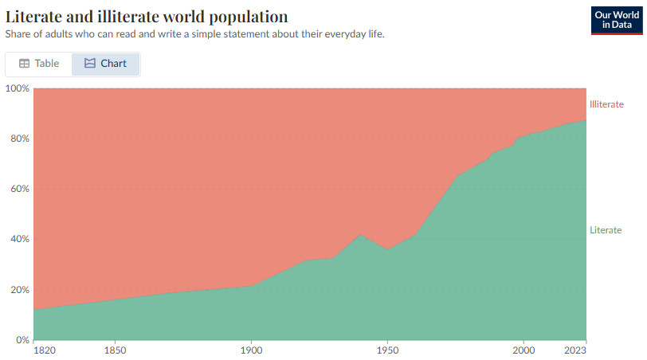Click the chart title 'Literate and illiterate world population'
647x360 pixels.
[147, 17]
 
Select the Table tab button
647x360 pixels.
[39, 64]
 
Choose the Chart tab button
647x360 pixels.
[105, 64]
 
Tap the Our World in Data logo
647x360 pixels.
[617, 19]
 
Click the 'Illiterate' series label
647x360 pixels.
[606, 104]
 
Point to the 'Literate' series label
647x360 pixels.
[606, 230]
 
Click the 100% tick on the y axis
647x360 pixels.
[18, 88]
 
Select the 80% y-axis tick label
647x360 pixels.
[19, 139]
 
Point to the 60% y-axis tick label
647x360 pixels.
[19, 189]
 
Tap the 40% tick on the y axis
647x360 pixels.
[19, 239]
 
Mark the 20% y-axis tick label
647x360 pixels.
[19, 290]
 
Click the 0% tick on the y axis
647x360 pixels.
[22, 340]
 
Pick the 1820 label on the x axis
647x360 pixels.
[45, 350]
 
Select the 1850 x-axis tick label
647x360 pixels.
[116, 350]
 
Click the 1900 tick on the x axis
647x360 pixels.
[251, 350]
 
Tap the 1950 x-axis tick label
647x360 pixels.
[387, 350]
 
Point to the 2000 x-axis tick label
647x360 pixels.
[523, 350]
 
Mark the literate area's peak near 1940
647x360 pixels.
[360, 235]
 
